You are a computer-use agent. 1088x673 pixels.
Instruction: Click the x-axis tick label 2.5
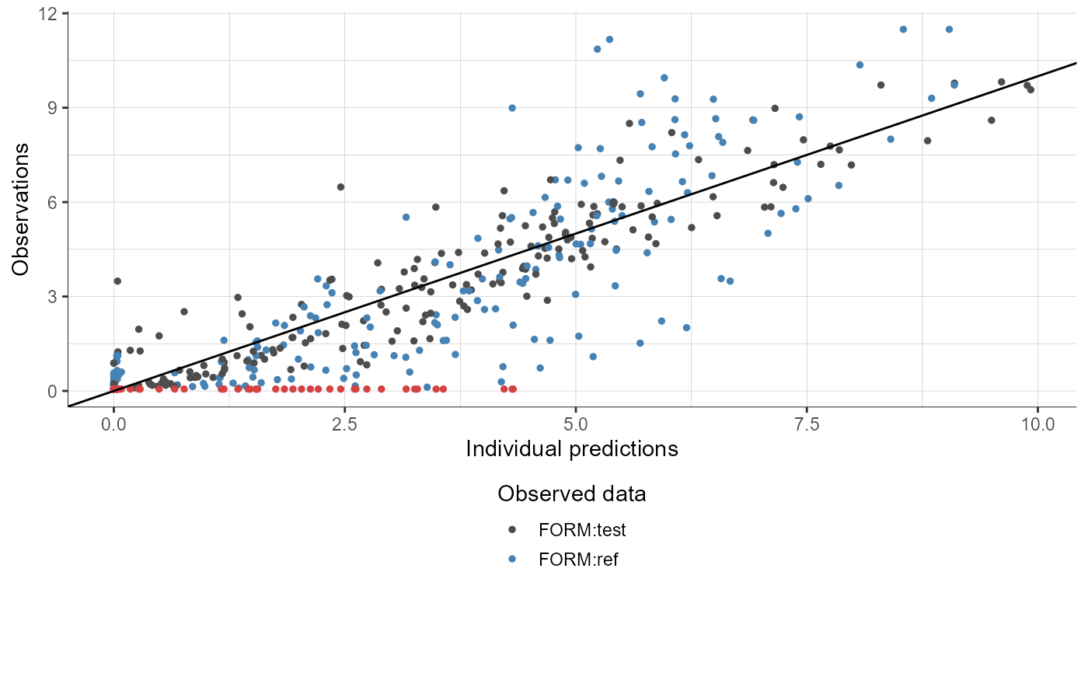(x=345, y=425)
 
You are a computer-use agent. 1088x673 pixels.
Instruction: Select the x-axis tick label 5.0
(x=576, y=425)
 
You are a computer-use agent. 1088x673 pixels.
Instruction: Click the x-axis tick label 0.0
(x=114, y=425)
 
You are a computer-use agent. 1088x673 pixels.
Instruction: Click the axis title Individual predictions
(x=572, y=449)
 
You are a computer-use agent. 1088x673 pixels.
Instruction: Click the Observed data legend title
(x=572, y=493)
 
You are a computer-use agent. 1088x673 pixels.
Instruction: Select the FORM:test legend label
(x=581, y=530)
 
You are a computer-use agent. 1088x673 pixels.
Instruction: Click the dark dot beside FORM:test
(x=512, y=530)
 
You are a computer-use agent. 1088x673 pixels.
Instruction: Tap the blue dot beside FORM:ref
(x=512, y=560)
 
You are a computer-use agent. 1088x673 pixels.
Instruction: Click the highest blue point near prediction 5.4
(x=609, y=39)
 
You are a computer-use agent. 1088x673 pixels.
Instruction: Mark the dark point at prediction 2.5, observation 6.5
(x=340, y=187)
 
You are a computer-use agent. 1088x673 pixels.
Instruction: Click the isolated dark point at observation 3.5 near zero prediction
(x=117, y=281)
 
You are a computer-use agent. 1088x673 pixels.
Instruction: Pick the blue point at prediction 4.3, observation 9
(x=512, y=108)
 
